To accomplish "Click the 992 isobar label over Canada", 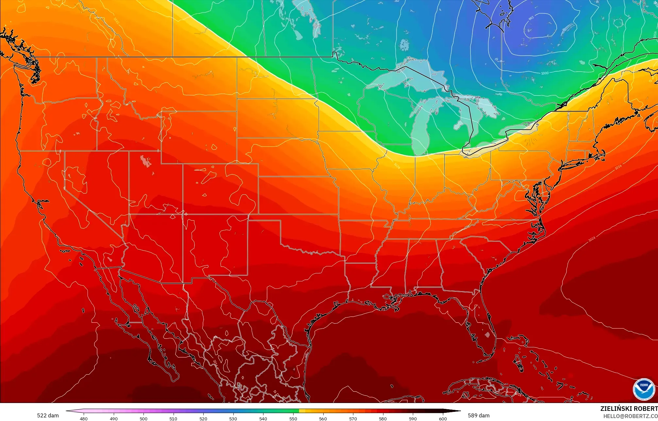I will pos(531,18).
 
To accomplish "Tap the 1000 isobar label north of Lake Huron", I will pos(545,73).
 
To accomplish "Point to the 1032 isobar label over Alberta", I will pos(117,20).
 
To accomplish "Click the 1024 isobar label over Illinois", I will pos(397,166).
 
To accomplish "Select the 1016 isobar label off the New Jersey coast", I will pos(618,167).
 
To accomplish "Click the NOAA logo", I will pos(644,389).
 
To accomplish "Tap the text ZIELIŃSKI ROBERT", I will pos(629,409).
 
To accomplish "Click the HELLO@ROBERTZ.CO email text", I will pos(630,416).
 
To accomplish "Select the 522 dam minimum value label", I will pos(48,415).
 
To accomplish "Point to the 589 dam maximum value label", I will pos(479,415).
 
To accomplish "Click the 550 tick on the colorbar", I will pos(293,418).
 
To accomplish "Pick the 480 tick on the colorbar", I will pos(84,418).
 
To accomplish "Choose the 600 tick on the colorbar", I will pos(443,418).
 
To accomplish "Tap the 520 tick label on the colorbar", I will pos(203,418).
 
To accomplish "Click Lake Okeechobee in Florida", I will pos(487,335).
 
